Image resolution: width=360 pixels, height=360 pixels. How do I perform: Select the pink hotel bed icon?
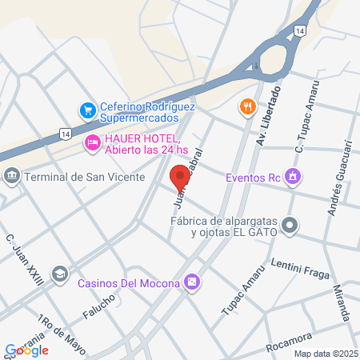(x=92, y=143)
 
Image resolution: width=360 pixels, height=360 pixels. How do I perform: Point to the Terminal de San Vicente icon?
(x=11, y=176)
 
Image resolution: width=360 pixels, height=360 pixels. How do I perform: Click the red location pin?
(x=178, y=176)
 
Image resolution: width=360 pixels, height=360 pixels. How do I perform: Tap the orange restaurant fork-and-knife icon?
(x=247, y=106)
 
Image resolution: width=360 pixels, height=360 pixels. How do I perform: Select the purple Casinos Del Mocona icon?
(x=191, y=282)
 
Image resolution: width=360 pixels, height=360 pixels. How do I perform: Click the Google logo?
(x=27, y=350)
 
